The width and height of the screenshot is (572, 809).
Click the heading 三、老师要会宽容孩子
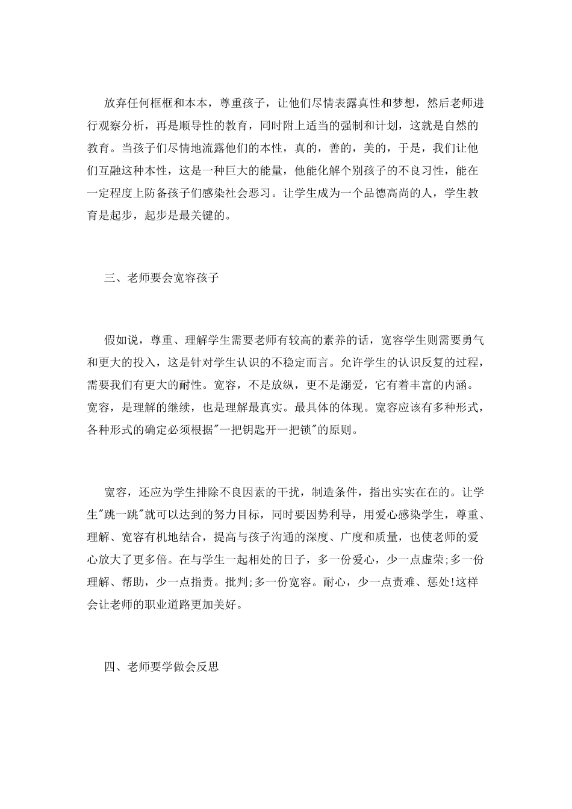click(161, 278)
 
